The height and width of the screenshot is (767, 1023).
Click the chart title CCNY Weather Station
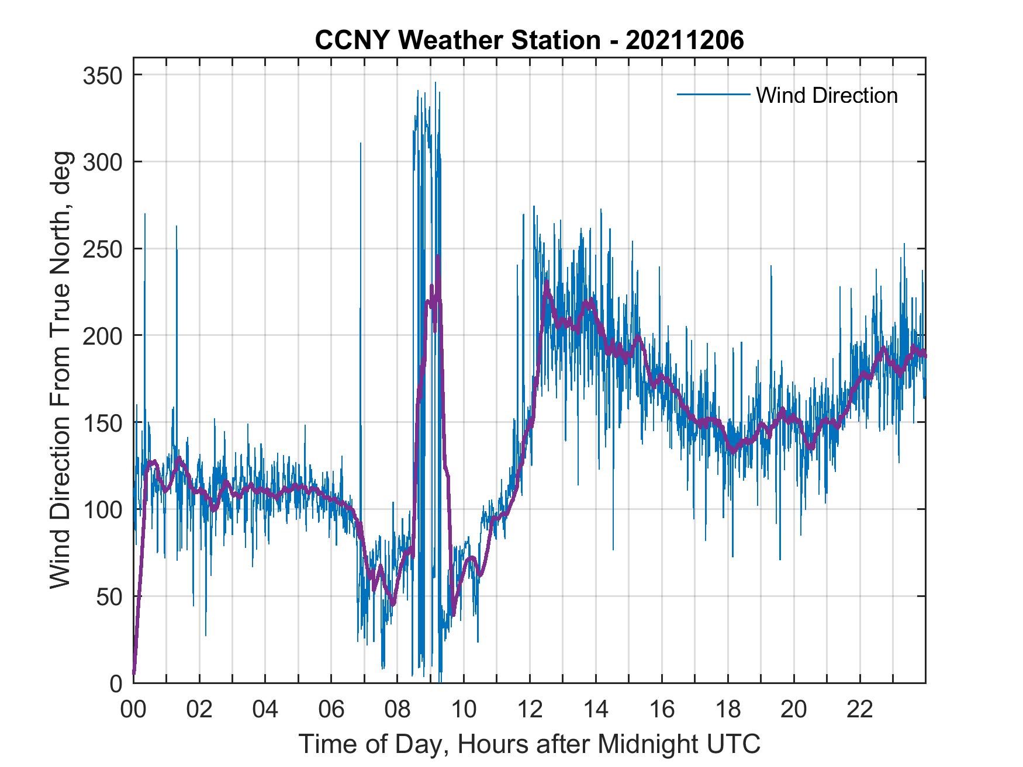coord(457,40)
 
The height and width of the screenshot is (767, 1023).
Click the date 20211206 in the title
coord(685,40)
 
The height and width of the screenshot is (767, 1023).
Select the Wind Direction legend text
coord(827,95)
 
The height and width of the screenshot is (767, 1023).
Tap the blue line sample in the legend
coord(713,94)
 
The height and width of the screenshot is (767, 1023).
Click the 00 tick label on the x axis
coord(133,710)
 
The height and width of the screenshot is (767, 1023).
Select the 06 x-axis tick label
coord(331,710)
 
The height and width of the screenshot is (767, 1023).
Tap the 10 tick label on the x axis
coord(464,710)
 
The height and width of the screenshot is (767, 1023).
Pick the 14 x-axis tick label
coord(596,710)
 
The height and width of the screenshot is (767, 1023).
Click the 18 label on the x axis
coord(728,710)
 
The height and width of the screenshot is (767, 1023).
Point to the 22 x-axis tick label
coord(860,710)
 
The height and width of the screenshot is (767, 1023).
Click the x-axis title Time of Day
coord(530,744)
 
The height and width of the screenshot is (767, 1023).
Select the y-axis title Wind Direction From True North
coord(60,370)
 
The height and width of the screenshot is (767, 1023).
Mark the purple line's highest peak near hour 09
coord(438,257)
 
